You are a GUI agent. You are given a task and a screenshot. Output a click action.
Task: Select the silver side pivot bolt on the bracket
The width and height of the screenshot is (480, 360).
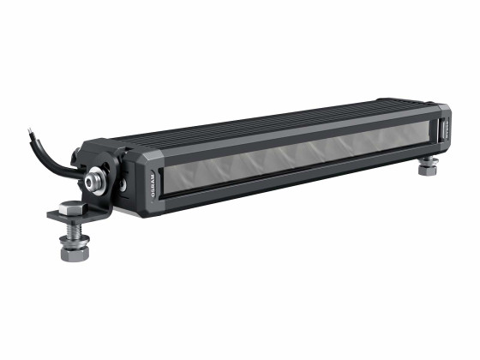(x=92, y=183)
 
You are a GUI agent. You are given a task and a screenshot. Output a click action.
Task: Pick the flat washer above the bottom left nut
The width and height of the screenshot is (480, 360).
(x=71, y=241)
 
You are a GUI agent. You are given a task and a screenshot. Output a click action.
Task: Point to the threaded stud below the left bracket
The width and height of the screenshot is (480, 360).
(x=71, y=230)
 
